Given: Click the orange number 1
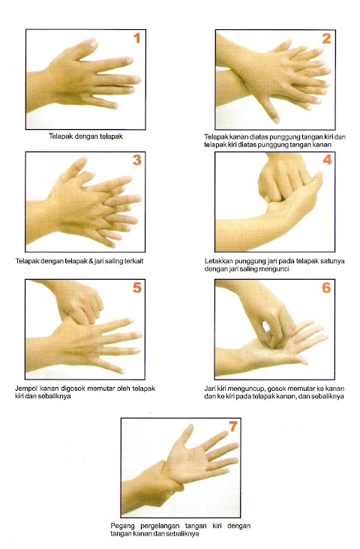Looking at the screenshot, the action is click(x=137, y=38).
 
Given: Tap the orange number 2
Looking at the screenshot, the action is click(x=326, y=38).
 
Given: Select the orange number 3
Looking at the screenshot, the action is click(x=137, y=160).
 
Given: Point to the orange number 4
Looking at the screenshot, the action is click(x=327, y=160).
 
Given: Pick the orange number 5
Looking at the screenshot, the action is click(x=137, y=287).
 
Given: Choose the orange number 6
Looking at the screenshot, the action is click(x=326, y=287).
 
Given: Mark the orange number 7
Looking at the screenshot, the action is click(x=233, y=426).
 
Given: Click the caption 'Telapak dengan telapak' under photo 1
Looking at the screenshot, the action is click(x=85, y=136).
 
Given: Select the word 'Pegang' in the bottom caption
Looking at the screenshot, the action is click(x=121, y=526).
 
